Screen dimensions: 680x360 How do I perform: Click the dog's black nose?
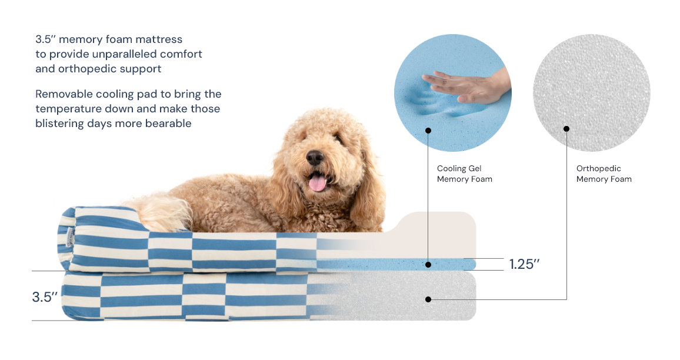coord(315,157)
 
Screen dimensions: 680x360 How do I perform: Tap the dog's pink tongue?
coord(318,182)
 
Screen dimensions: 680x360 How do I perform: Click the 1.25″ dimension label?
coord(524,264)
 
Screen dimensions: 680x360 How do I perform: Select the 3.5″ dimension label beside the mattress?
coord(45,297)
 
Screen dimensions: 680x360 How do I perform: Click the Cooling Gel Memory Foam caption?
coord(465,174)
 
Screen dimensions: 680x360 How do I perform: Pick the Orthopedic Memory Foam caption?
coord(604,174)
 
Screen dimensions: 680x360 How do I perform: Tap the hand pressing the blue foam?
coord(466,85)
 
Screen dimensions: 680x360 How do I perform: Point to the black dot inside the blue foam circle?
coord(428,131)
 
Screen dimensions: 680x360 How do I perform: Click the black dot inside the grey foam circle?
coord(566,129)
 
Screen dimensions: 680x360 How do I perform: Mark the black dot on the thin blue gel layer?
coord(428,265)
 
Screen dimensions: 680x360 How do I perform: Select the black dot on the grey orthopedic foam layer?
coord(428,299)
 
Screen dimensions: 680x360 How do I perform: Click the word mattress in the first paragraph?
coord(159,39)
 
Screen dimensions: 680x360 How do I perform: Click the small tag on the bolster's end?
coord(70,237)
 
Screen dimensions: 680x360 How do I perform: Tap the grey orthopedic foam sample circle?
coord(592,93)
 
